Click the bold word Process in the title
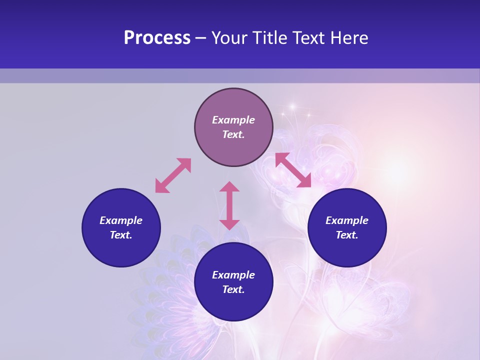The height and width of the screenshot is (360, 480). click(x=157, y=38)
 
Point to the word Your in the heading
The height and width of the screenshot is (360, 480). click(x=229, y=38)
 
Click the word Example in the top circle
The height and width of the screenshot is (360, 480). click(x=233, y=120)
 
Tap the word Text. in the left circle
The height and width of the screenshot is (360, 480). click(x=121, y=235)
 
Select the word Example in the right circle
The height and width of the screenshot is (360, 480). click(x=347, y=220)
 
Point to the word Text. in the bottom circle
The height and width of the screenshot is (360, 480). click(x=233, y=289)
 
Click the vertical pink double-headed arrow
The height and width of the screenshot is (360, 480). click(x=229, y=205)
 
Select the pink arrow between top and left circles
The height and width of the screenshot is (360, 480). click(x=173, y=175)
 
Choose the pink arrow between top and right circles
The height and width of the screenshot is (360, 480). click(x=293, y=170)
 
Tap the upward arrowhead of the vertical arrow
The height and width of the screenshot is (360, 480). click(x=229, y=186)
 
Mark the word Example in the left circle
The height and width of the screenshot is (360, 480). click(x=121, y=220)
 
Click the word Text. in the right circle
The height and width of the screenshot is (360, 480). click(x=347, y=235)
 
